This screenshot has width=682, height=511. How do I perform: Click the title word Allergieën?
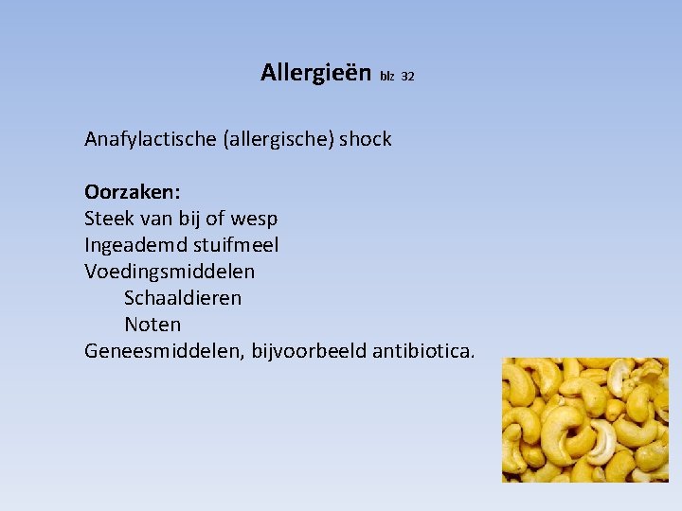coord(316,72)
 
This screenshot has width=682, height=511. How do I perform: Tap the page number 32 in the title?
coord(408,77)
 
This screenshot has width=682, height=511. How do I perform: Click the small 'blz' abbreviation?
coord(386,77)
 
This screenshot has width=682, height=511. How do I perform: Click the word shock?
coord(366,140)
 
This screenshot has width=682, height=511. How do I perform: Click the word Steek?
coord(108,219)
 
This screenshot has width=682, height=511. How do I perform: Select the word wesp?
coord(254,219)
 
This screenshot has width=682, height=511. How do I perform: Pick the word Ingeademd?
coord(132,245)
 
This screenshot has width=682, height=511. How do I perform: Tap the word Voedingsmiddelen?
coord(170,272)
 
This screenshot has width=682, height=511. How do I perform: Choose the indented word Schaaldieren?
coord(183,298)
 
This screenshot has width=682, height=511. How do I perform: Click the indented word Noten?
coord(153,325)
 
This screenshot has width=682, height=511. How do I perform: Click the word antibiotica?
coord(423,351)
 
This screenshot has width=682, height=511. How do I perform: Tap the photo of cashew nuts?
coord(584,419)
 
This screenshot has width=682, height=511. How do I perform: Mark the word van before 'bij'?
coord(153,219)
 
